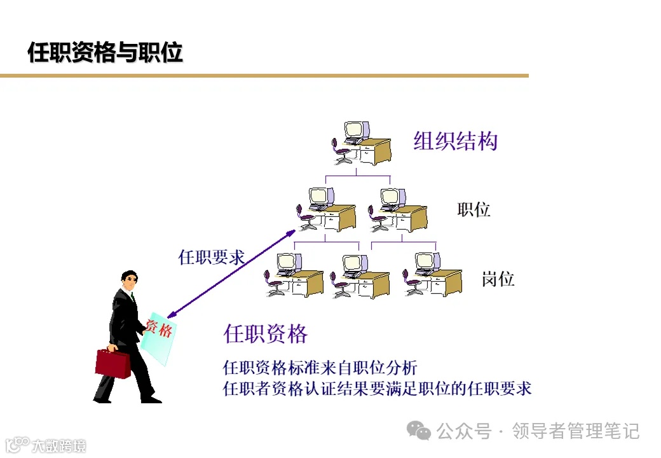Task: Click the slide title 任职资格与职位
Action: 106,53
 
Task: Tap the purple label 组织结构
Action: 455,141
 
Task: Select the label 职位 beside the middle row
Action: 474,210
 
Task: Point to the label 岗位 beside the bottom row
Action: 497,279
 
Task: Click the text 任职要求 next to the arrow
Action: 211,258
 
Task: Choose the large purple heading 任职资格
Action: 266,334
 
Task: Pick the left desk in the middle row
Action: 326,210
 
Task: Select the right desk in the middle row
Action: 398,210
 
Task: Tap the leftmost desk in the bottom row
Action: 294,275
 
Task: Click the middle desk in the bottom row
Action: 360,277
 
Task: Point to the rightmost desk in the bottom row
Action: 432,275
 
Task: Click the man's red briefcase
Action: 112,363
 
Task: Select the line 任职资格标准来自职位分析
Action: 320,368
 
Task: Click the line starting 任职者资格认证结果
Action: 377,389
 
